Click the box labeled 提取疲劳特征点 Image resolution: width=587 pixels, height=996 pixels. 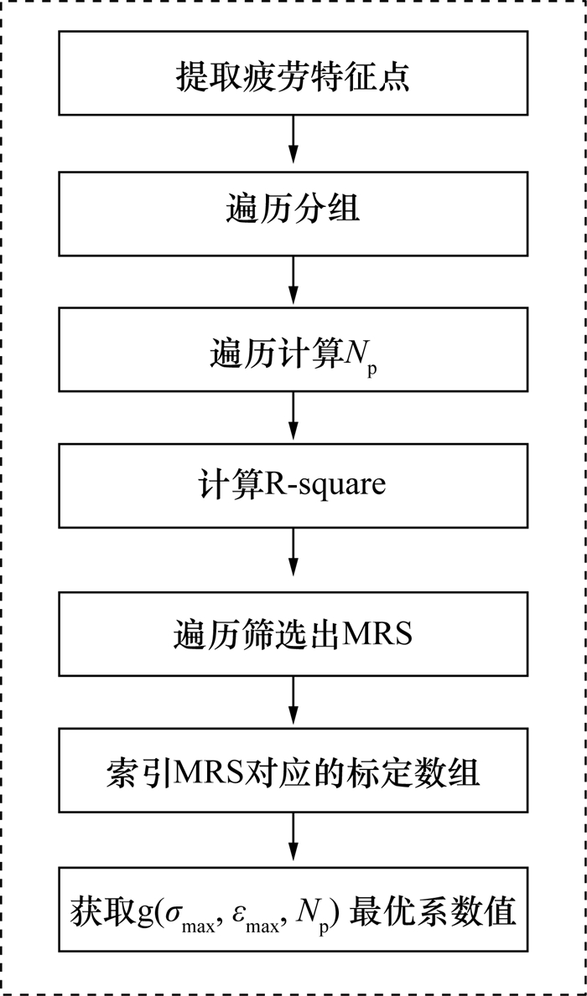coord(293,73)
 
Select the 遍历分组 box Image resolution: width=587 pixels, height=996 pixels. coord(293,212)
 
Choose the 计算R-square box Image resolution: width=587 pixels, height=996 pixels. coord(293,486)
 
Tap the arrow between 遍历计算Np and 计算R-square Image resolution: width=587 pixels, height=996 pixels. coord(293,417)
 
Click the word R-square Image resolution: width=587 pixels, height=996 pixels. coord(326,487)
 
